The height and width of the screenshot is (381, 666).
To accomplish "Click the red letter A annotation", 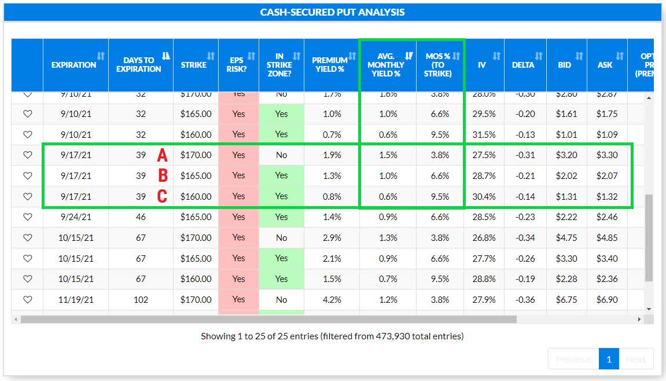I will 163,155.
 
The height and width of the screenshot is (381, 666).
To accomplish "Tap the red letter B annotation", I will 163,176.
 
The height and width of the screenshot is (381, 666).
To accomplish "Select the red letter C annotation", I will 163,197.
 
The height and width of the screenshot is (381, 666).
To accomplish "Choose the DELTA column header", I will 523,65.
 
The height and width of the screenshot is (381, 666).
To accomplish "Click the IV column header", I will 481,65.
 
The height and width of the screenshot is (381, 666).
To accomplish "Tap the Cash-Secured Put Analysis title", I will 332,12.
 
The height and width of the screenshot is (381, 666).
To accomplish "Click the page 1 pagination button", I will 609,359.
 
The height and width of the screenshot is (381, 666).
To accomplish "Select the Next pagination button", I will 635,359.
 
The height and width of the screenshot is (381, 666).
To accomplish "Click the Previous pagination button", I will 573,359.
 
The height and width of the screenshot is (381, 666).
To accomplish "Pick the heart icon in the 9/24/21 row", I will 27,217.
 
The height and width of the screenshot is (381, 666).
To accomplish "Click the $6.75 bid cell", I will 566,300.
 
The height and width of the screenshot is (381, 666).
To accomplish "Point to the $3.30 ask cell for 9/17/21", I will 607,155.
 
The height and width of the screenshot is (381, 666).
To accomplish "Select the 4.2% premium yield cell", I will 332,300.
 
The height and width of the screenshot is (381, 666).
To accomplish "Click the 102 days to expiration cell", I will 141,300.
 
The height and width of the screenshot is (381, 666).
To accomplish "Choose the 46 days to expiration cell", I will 141,217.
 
